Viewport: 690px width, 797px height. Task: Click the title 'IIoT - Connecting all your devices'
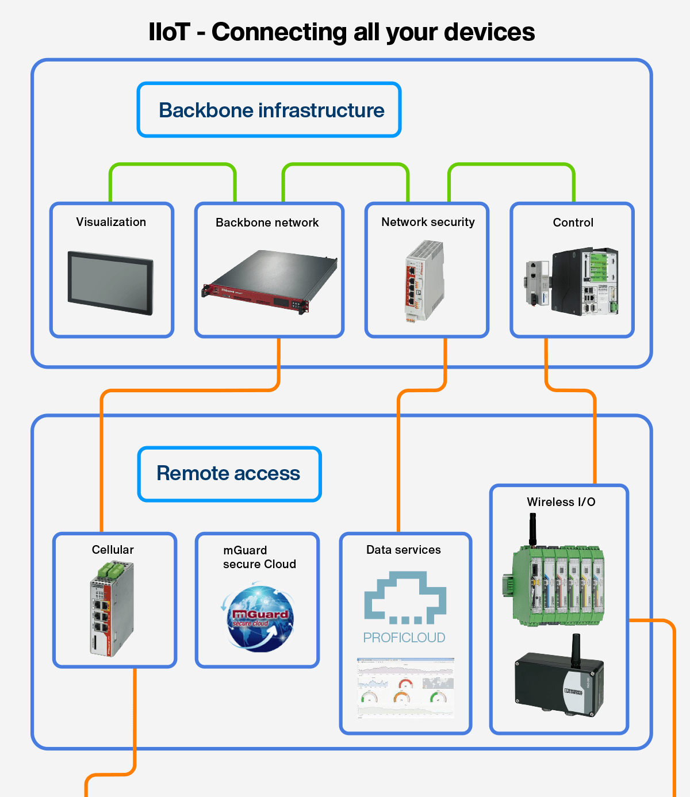coord(342,32)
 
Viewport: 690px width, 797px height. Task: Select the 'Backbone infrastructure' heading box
coord(269,110)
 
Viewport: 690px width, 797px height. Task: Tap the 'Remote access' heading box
coord(229,474)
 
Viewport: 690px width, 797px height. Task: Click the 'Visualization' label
coord(111,222)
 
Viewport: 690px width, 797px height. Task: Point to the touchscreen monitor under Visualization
coord(111,283)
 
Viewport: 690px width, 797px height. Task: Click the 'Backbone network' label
coord(267,223)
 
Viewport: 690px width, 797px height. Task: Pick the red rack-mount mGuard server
coord(269,282)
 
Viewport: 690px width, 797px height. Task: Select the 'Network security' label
coord(428,222)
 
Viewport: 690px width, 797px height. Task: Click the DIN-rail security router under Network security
coord(424,281)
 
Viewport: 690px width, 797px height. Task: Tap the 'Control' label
coord(573,223)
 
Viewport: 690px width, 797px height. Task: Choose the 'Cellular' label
coord(113,550)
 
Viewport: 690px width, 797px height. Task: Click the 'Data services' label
coord(404,550)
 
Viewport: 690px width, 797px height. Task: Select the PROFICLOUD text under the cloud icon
coord(404,638)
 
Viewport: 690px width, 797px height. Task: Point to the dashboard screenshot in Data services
coord(405,688)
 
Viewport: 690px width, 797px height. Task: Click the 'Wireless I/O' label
coord(561,502)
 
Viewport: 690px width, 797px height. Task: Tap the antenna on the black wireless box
coord(575,650)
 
